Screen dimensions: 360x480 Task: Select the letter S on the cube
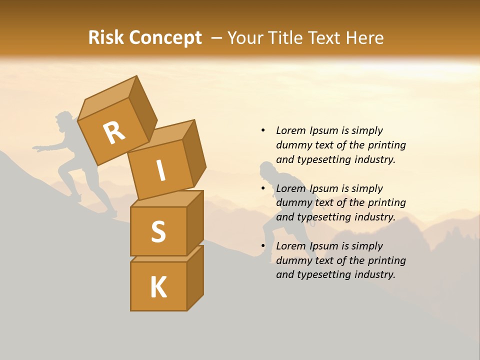pyautogui.click(x=158, y=231)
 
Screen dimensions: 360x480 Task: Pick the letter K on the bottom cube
pyautogui.click(x=158, y=287)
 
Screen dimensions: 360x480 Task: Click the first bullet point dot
pyautogui.click(x=263, y=130)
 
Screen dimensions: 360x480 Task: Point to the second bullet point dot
pyautogui.click(x=263, y=188)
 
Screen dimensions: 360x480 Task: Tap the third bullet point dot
pyautogui.click(x=263, y=246)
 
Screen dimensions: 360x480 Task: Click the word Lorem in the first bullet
pyautogui.click(x=291, y=130)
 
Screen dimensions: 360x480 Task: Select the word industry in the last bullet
pyautogui.click(x=375, y=274)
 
